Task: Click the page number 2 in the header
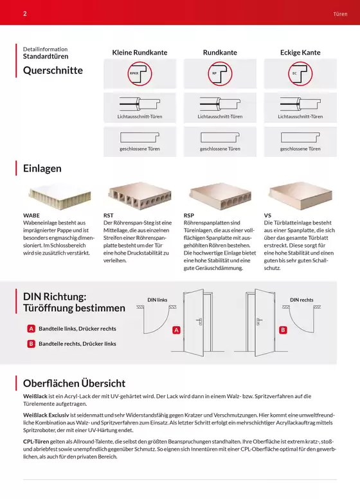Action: (x=25, y=14)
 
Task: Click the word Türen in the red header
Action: (x=340, y=14)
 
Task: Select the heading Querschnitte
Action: (x=53, y=70)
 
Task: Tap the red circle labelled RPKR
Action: (x=139, y=73)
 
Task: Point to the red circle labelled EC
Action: (x=300, y=73)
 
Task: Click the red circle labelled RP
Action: (x=220, y=73)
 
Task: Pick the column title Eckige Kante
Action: (x=300, y=53)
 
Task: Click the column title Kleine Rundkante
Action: (x=139, y=53)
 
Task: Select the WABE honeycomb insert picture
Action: (x=60, y=196)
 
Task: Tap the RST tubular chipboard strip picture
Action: (x=139, y=195)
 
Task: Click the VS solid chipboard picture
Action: (x=300, y=195)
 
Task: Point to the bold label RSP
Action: (x=189, y=215)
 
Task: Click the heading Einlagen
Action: (x=42, y=168)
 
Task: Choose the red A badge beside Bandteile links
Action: (x=31, y=329)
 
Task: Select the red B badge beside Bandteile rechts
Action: (x=31, y=343)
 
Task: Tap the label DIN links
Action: (x=157, y=300)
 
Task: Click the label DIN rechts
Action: (x=301, y=300)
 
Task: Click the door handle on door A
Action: (x=199, y=321)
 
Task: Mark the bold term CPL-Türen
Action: (x=36, y=441)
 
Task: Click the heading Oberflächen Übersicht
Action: (x=74, y=383)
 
